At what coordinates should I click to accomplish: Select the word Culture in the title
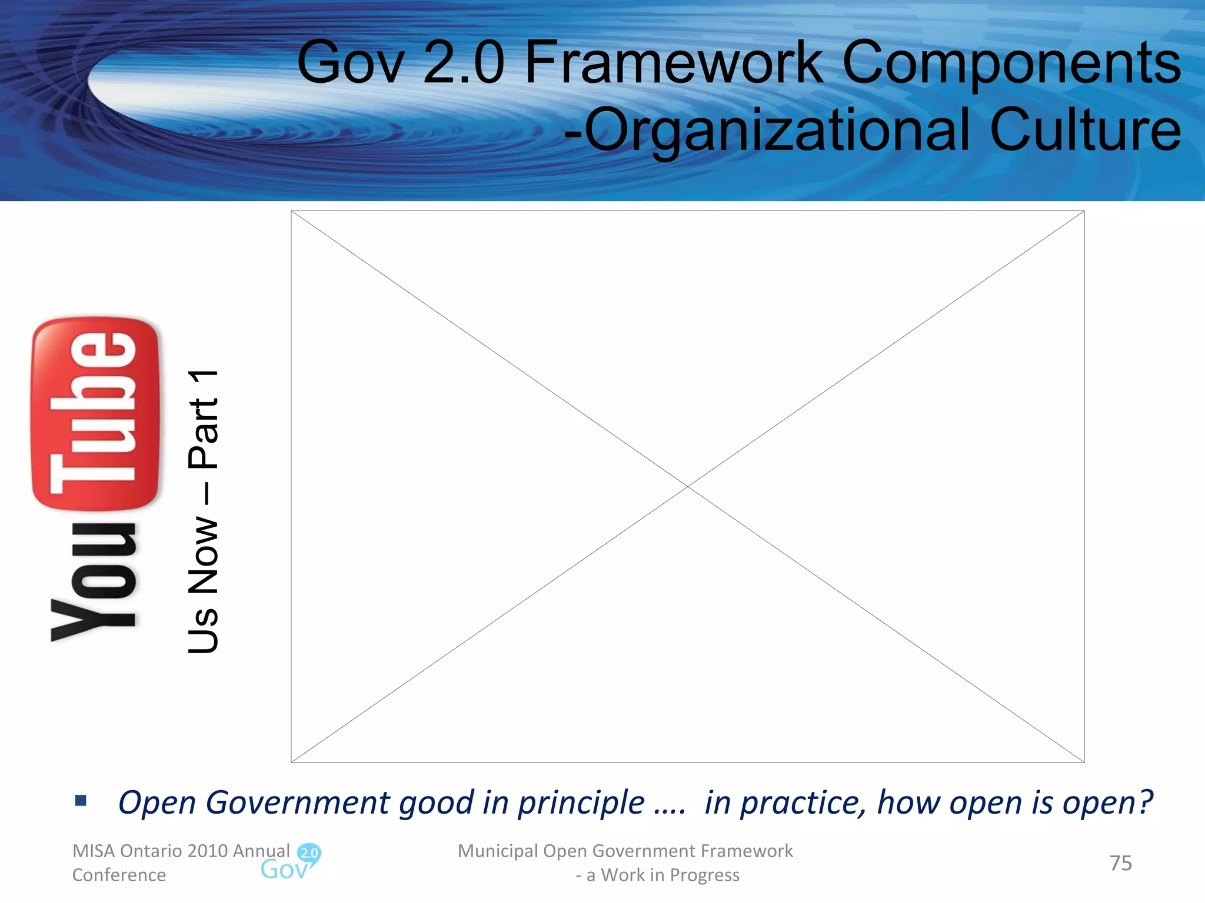[x=1085, y=130]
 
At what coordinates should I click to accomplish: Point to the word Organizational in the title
[x=777, y=131]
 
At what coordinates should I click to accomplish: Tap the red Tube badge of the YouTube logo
[x=95, y=413]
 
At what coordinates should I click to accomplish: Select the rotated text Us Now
[x=204, y=585]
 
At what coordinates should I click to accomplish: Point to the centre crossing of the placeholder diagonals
[x=688, y=487]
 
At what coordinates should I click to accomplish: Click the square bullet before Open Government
[x=81, y=800]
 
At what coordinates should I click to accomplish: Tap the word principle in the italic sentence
[x=581, y=803]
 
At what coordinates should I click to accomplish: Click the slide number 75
[x=1120, y=863]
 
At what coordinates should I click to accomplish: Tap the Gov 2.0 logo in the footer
[x=291, y=862]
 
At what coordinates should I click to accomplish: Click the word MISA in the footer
[x=94, y=851]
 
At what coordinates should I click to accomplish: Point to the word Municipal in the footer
[x=498, y=851]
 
